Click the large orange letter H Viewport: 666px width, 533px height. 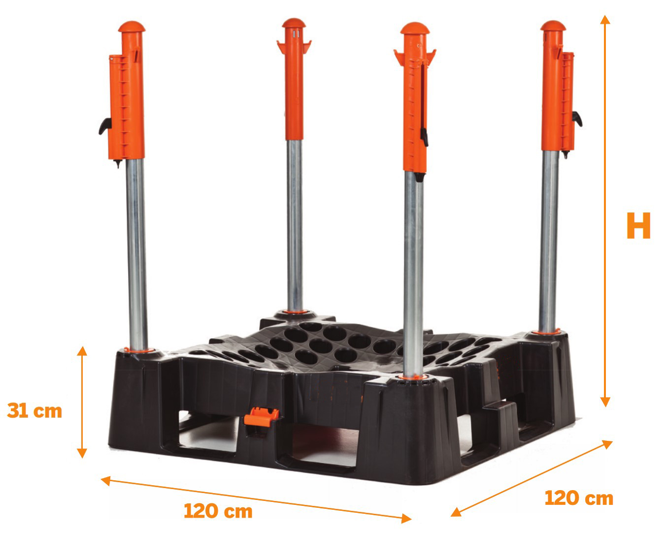(x=638, y=225)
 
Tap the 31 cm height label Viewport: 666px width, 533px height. (x=34, y=411)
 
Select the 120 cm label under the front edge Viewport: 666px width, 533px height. (x=218, y=511)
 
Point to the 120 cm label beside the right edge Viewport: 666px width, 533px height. (x=579, y=498)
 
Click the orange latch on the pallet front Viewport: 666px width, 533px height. (x=261, y=417)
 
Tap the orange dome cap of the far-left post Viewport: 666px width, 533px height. (x=132, y=27)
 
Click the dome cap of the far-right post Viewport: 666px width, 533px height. (x=553, y=26)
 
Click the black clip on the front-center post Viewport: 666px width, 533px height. (x=424, y=137)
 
